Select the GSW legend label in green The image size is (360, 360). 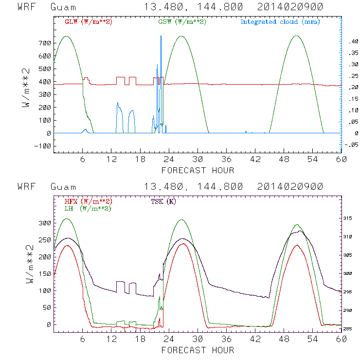pos(178,22)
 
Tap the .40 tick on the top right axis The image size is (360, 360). pos(352,43)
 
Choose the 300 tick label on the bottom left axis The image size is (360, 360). pos(44,223)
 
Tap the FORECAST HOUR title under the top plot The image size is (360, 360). pos(197,170)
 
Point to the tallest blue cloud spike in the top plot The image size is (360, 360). pos(161,36)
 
